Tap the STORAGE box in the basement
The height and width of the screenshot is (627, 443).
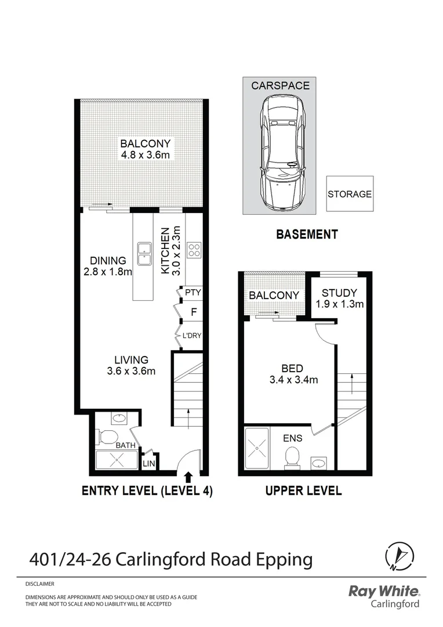[x=349, y=194]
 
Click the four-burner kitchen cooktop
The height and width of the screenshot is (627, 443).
[x=194, y=250]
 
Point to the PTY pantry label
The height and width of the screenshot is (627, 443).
[x=192, y=293]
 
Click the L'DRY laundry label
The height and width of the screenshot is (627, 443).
[x=192, y=336]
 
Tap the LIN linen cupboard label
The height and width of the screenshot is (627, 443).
[x=149, y=463]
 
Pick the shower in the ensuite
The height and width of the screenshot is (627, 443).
[x=257, y=448]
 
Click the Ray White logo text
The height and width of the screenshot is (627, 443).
[x=383, y=592]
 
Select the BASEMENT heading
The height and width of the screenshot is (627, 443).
[x=306, y=235]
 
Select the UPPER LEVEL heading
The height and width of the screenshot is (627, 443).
[x=303, y=491]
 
